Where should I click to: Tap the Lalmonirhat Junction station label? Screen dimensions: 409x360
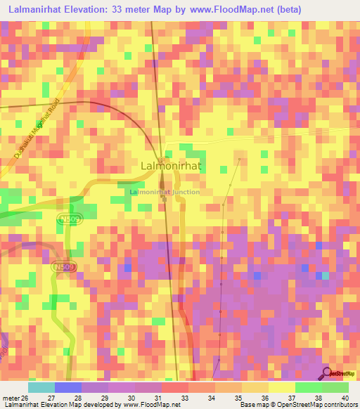pyautogui.click(x=165, y=192)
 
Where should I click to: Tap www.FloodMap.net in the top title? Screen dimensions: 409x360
pyautogui.click(x=229, y=10)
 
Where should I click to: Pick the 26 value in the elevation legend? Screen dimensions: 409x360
pyautogui.click(x=27, y=398)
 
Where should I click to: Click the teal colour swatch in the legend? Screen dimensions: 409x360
pyautogui.click(x=41, y=387)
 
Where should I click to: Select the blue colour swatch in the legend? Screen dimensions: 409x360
pyautogui.click(x=67, y=387)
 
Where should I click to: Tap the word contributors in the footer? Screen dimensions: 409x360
pyautogui.click(x=340, y=405)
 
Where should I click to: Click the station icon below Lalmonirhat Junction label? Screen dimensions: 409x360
pyautogui.click(x=165, y=200)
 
